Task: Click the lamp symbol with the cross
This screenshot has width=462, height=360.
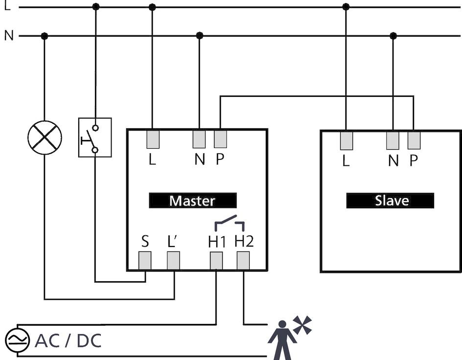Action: [x=45, y=137]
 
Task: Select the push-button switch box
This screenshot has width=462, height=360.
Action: [x=95, y=137]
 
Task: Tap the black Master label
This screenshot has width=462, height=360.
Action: [x=192, y=201]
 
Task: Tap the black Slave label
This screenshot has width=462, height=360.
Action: [x=390, y=201]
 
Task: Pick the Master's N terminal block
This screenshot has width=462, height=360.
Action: [x=199, y=139]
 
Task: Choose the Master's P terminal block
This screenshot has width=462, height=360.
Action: [x=221, y=139]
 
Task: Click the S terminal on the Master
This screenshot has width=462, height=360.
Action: [x=145, y=261]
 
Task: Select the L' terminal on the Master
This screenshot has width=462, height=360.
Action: [x=173, y=261]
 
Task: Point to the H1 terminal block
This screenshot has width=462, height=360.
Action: [x=216, y=261]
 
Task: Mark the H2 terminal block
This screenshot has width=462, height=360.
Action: [x=243, y=261]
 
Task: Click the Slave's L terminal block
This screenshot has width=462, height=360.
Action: [x=346, y=140]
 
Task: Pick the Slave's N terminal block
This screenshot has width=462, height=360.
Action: [x=393, y=140]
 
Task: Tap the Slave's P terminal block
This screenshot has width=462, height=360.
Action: [x=414, y=140]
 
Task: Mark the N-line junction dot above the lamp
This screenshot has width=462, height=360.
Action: [x=45, y=36]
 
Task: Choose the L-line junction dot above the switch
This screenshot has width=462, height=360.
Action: [x=96, y=7]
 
